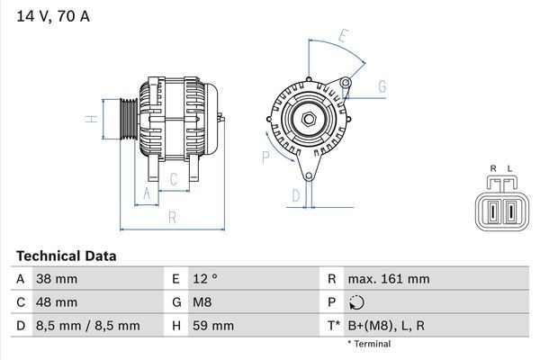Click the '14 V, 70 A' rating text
(x=53, y=16)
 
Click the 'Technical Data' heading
(x=66, y=256)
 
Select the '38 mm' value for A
(x=56, y=279)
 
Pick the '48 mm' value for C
(x=56, y=302)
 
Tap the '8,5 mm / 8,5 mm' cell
(x=87, y=325)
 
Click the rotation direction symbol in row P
(x=358, y=302)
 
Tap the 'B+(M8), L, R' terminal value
(x=388, y=325)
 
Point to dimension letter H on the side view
(x=91, y=119)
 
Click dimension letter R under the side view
(x=171, y=217)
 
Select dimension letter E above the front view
(x=343, y=37)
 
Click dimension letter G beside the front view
(x=382, y=86)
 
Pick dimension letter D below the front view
(x=295, y=195)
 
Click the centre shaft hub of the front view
(x=307, y=117)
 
